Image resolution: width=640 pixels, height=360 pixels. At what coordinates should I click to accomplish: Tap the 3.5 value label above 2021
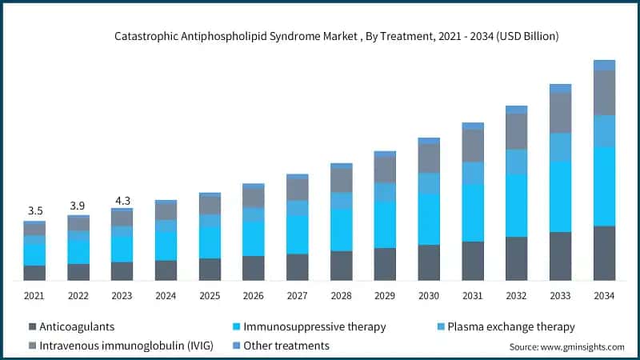coord(34,210)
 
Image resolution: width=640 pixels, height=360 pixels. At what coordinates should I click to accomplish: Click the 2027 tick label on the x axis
coord(298,296)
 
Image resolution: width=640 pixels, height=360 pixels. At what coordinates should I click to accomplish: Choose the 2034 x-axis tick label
coord(604,296)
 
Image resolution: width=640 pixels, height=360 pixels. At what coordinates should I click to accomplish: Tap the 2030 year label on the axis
coord(429,296)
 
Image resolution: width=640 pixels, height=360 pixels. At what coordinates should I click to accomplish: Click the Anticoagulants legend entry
coord(77,326)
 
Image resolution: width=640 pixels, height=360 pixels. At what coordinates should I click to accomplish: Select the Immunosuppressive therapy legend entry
coord(314,326)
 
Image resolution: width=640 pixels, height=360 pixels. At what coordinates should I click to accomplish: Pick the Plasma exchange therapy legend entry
coord(510,326)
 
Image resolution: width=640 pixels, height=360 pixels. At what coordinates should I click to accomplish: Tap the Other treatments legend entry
coord(286,346)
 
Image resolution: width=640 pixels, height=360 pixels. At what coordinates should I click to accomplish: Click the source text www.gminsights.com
coord(566,347)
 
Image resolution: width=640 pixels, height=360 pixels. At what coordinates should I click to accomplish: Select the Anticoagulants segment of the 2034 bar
coord(604,253)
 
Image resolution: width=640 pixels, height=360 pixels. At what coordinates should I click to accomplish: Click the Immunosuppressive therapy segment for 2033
coord(561,196)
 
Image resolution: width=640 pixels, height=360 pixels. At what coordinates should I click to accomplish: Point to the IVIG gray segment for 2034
coord(604,92)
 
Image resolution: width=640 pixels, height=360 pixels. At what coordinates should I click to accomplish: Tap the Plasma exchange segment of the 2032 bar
coord(517,162)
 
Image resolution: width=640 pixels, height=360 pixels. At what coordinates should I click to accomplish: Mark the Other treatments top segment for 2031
coord(473,126)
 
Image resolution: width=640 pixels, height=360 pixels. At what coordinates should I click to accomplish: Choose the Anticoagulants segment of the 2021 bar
coord(34,273)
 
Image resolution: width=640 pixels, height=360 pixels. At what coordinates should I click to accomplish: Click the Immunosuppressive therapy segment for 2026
coord(254,238)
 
